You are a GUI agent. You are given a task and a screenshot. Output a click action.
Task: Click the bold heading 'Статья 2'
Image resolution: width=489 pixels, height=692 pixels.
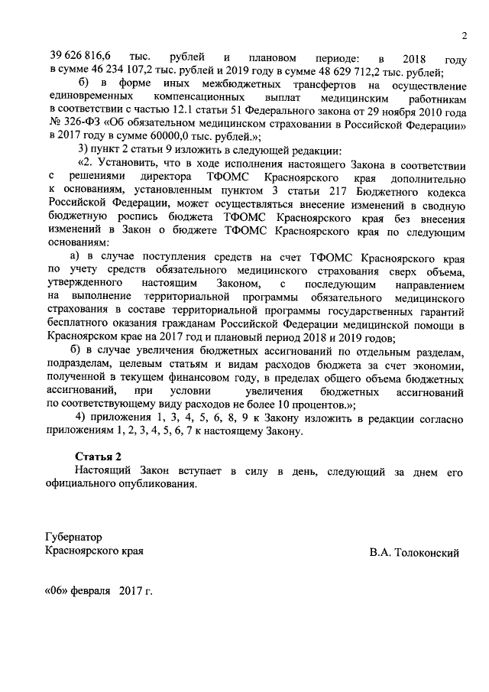(99, 456)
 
